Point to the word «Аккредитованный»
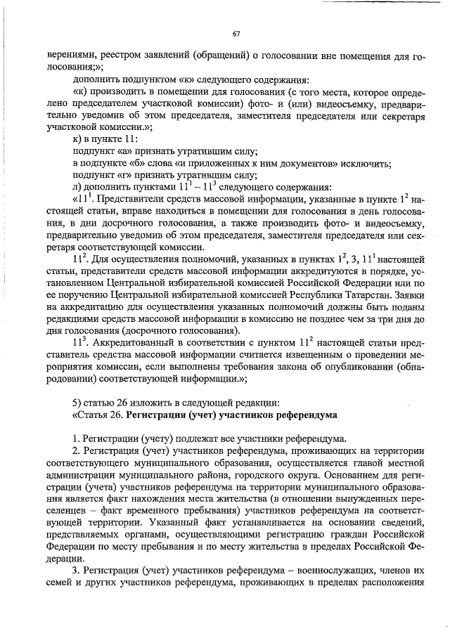point(127,343)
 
